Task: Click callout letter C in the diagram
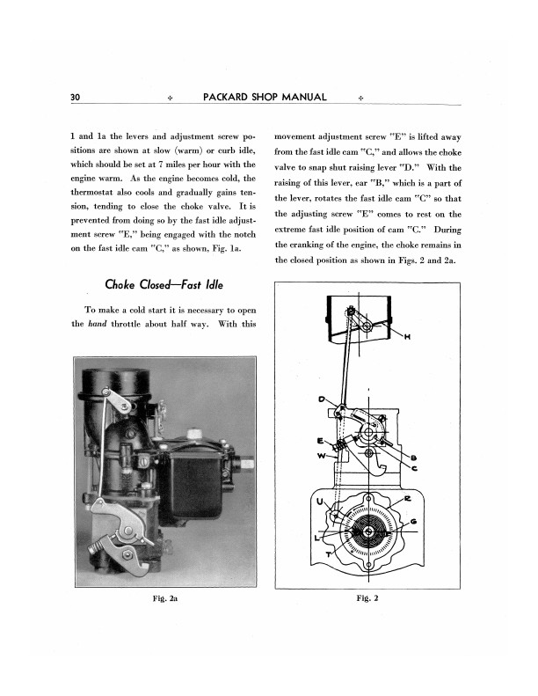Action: (x=413, y=468)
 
